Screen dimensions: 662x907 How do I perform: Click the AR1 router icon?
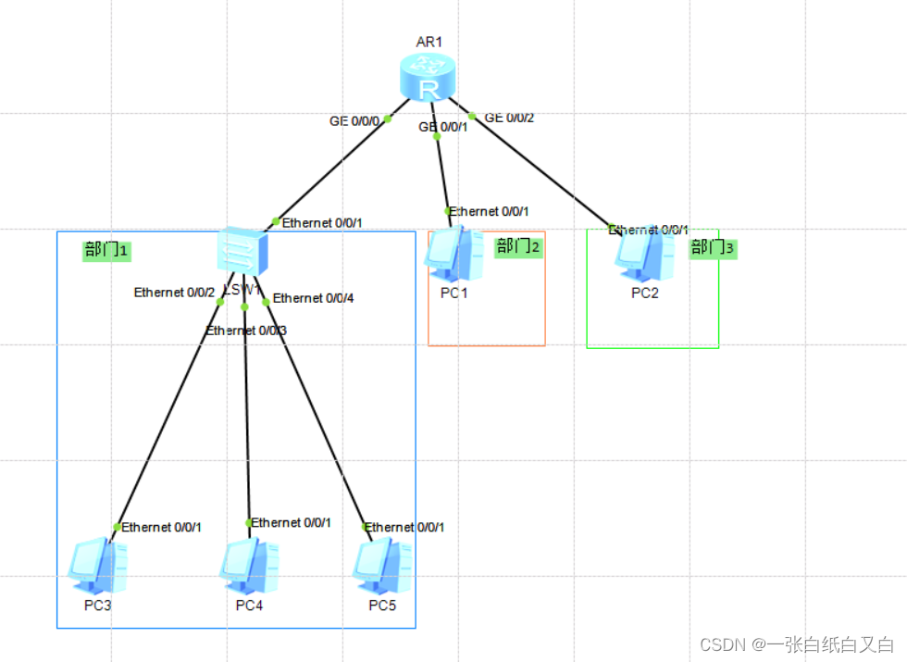tap(429, 77)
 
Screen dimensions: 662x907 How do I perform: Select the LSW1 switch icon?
tap(243, 250)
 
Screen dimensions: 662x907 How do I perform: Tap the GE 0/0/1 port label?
tap(443, 127)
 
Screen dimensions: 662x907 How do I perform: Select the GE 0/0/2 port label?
tap(510, 118)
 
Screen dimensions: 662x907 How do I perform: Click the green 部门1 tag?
tap(106, 250)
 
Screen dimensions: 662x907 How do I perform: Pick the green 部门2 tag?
tap(518, 246)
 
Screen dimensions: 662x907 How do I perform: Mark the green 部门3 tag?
tap(713, 248)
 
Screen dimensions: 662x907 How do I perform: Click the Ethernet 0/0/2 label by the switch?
tap(174, 293)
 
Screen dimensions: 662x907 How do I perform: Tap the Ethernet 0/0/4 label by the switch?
tap(313, 298)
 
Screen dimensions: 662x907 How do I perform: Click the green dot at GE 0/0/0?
tap(388, 119)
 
